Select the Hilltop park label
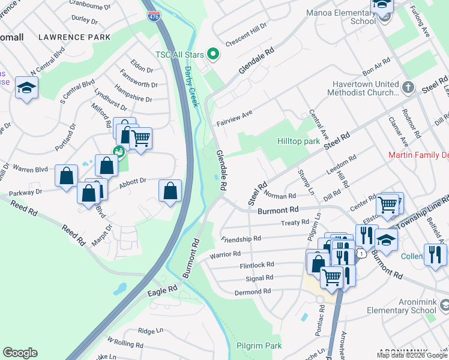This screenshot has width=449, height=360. (x=298, y=141)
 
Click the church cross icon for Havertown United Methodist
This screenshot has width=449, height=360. (x=408, y=88)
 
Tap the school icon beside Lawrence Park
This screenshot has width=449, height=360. (x=26, y=89)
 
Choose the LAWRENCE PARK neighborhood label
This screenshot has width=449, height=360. (x=74, y=37)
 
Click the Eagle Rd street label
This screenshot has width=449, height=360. (x=163, y=290)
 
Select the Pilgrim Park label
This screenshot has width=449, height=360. (x=259, y=346)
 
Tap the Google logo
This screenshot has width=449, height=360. (x=20, y=353)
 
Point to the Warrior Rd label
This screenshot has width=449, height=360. (x=225, y=255)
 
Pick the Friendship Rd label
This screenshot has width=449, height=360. (x=241, y=238)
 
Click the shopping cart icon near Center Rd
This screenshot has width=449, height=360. (x=388, y=205)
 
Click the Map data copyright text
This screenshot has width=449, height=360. (x=412, y=355)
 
